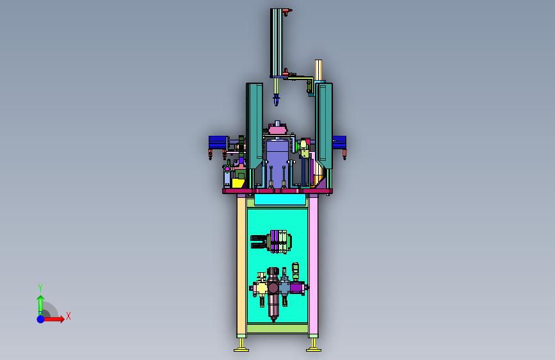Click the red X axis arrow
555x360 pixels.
[x=53, y=319]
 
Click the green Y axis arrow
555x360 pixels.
[x=40, y=306]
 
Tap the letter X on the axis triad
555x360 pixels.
[x=68, y=316]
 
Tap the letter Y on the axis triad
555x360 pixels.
[x=40, y=288]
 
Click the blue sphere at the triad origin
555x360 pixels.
[x=41, y=319]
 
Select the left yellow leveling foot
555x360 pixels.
[x=241, y=345]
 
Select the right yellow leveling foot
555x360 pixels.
[x=314, y=345]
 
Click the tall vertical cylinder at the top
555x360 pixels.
[x=277, y=42]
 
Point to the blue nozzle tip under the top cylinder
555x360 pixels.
[x=276, y=100]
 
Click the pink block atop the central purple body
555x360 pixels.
[x=278, y=129]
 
